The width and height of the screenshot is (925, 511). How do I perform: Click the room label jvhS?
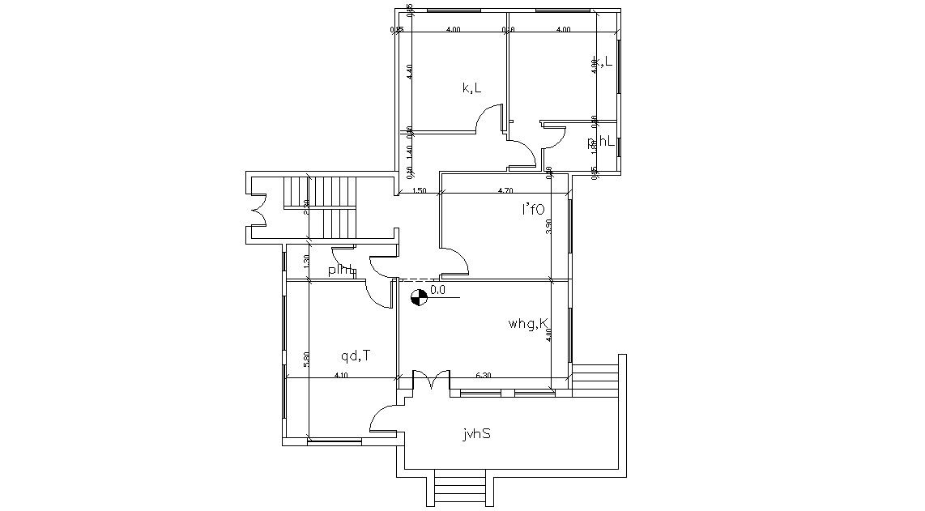[476, 434]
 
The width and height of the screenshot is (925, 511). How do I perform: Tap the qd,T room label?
[356, 355]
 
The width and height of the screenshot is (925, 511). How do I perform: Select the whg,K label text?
[529, 325]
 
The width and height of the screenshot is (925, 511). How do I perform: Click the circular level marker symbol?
[418, 298]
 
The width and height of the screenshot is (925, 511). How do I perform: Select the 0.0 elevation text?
[437, 289]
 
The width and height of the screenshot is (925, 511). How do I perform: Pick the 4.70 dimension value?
[504, 191]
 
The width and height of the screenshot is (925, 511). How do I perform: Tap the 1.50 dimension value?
[420, 191]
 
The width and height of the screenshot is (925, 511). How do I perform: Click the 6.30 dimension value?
[484, 375]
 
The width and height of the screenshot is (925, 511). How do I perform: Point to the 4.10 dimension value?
[342, 375]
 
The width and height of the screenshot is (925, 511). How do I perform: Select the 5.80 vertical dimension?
[306, 360]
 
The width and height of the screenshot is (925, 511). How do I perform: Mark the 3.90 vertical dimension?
[548, 227]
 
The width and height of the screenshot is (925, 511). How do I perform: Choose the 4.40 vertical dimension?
[410, 71]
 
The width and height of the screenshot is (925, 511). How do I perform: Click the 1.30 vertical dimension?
[306, 262]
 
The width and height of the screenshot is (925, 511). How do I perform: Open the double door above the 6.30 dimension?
[431, 380]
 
